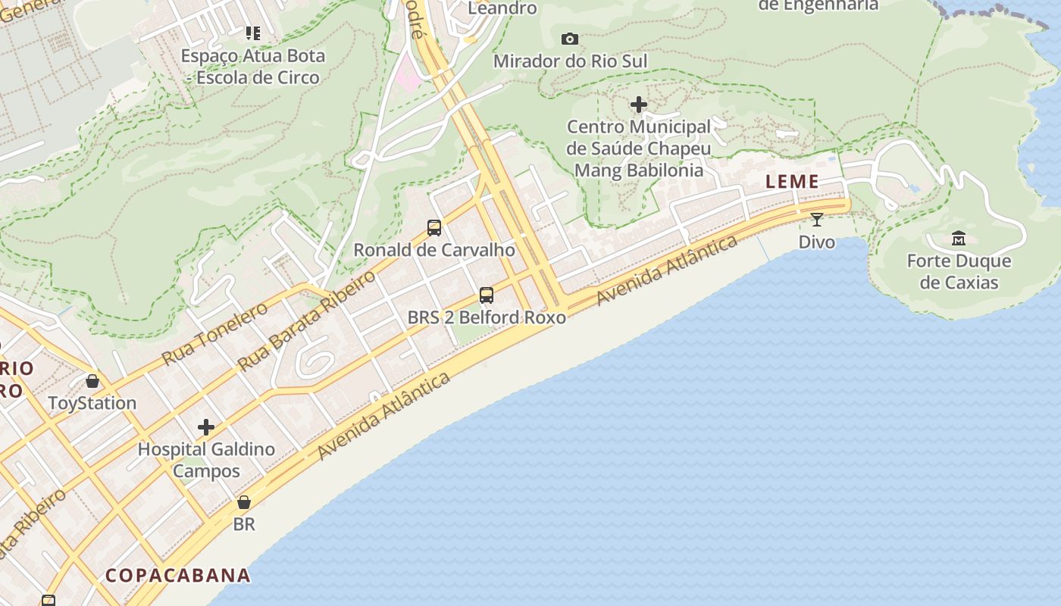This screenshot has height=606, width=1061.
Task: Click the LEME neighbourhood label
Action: pyautogui.click(x=792, y=182)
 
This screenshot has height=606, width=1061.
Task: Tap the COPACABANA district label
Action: pyautogui.click(x=178, y=575)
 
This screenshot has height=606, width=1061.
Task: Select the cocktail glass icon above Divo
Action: pyautogui.click(x=816, y=220)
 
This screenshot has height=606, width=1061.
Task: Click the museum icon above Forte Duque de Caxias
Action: pyautogui.click(x=959, y=239)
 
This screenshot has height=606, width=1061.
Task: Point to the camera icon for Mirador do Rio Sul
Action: pyautogui.click(x=570, y=39)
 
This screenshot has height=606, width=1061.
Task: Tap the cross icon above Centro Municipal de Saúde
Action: pyautogui.click(x=639, y=104)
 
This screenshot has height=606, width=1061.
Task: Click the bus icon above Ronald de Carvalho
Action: pyautogui.click(x=434, y=227)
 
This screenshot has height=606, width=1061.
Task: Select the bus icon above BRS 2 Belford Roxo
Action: pyautogui.click(x=487, y=295)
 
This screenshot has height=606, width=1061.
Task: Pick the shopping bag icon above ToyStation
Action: pyautogui.click(x=92, y=380)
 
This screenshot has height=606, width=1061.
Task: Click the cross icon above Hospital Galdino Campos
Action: pyautogui.click(x=206, y=427)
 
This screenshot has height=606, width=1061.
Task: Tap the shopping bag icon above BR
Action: pyautogui.click(x=244, y=502)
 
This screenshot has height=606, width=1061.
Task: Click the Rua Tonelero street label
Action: pyautogui.click(x=215, y=333)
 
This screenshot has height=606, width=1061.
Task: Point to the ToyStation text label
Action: pyautogui.click(x=92, y=403)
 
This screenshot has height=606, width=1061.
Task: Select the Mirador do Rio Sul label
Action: pyautogui.click(x=570, y=61)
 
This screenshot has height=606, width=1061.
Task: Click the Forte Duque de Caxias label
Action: pyautogui.click(x=959, y=272)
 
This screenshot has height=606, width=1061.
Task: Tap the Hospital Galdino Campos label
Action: pyautogui.click(x=206, y=460)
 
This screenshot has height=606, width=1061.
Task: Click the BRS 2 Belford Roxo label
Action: pyautogui.click(x=487, y=317)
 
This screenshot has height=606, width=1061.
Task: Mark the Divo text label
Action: pyautogui.click(x=817, y=242)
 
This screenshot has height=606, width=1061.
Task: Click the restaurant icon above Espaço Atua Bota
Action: pyautogui.click(x=253, y=33)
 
